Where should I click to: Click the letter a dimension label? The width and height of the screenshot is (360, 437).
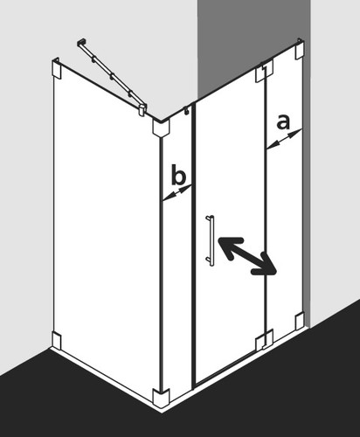point(283,122)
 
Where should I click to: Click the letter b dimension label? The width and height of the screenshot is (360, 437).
point(178,175)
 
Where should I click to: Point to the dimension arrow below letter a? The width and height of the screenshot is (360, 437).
point(284,140)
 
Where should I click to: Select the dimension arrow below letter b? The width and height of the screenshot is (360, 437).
point(177,193)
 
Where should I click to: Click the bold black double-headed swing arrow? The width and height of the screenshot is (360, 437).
point(247,256)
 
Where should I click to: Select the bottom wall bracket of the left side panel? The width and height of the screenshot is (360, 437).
point(57,340)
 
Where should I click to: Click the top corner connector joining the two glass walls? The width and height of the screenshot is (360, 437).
point(161,128)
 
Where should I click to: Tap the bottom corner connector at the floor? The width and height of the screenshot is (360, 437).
point(161,398)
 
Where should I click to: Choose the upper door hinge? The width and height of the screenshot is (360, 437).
point(265,71)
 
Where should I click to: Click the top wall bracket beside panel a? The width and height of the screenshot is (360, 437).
point(300,49)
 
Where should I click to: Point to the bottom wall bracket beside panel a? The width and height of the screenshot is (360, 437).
point(300,321)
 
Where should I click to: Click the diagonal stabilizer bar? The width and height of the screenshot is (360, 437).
point(111,77)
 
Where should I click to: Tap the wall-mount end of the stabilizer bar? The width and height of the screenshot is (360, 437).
point(80,43)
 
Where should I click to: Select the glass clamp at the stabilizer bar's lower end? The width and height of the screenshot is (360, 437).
point(142,109)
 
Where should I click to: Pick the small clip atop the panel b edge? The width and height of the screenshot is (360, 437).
point(187,110)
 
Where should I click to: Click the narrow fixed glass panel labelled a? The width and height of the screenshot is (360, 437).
point(285,190)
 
